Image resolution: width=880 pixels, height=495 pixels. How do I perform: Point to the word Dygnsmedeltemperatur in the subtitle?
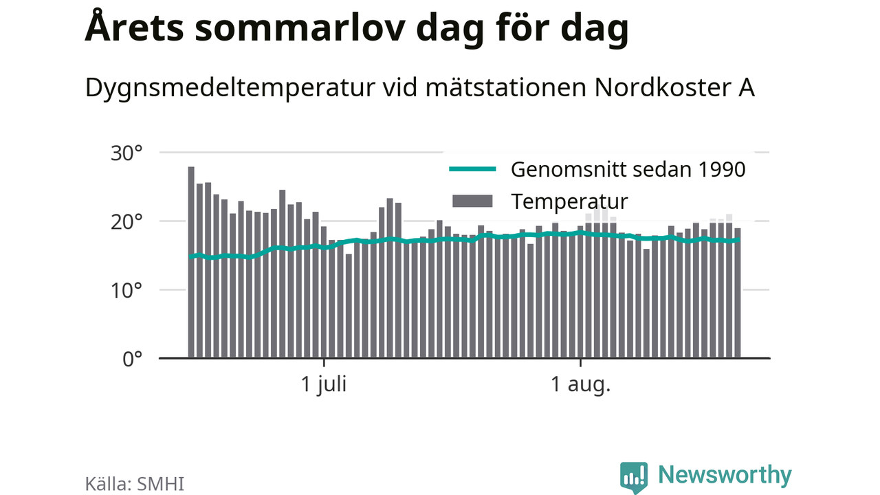pos(230,89)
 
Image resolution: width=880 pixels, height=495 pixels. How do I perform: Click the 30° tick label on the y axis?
pos(126,153)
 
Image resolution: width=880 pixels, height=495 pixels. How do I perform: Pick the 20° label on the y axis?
pos(126,222)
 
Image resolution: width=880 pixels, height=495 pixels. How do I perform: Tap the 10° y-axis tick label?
pos(126,291)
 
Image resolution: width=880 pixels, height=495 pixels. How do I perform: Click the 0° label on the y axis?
pos(133,360)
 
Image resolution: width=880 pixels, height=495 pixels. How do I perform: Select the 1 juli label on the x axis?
pos(324,384)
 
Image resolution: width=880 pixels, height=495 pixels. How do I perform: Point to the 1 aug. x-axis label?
pos(581,384)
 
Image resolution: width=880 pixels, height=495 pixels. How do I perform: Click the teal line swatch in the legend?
pos(472,169)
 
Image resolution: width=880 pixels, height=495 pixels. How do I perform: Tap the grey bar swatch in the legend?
pos(472,201)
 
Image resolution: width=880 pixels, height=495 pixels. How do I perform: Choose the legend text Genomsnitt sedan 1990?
pos(628,169)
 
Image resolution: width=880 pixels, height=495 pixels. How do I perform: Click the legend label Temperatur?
pos(570,201)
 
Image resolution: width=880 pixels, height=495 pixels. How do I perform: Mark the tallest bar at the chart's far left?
pos(191,262)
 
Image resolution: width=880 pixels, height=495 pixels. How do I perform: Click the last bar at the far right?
pos(738,293)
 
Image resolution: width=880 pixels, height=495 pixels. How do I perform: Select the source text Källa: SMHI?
pos(134,483)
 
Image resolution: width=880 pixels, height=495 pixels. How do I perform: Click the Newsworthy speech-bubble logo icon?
pos(634,476)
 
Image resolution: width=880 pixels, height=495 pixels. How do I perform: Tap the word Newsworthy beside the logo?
pos(725,475)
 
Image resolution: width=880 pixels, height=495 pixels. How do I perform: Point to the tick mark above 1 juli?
pos(324,363)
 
